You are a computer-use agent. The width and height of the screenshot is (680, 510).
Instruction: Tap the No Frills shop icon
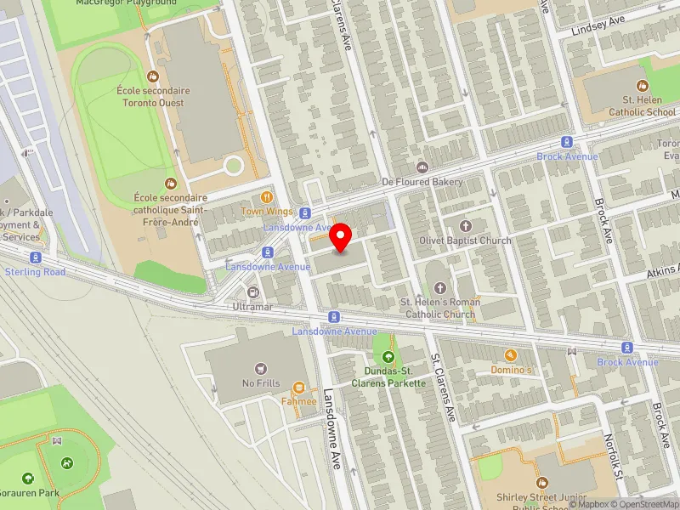[261, 368]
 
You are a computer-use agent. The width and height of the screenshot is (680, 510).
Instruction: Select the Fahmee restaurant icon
[298, 388]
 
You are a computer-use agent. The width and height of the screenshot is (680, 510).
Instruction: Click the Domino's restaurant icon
[511, 355]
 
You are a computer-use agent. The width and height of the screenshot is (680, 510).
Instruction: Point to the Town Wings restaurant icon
[267, 196]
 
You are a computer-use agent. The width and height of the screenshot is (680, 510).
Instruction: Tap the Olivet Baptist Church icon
[465, 225]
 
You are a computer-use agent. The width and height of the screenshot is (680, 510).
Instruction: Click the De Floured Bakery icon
[422, 167]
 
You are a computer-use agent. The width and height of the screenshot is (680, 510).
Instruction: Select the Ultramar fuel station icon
[252, 292]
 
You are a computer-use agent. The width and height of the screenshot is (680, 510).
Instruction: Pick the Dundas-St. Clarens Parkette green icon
[389, 357]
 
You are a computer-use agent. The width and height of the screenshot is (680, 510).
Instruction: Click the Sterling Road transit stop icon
[35, 258]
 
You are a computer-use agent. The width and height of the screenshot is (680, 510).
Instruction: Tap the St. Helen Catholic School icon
[642, 85]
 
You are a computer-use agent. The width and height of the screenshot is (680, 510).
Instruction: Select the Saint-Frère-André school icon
[171, 183]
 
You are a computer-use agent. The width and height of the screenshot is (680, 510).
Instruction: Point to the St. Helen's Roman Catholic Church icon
[439, 287]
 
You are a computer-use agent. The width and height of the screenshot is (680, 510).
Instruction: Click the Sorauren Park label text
[29, 492]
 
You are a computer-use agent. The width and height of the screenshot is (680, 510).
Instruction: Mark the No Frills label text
[261, 383]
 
